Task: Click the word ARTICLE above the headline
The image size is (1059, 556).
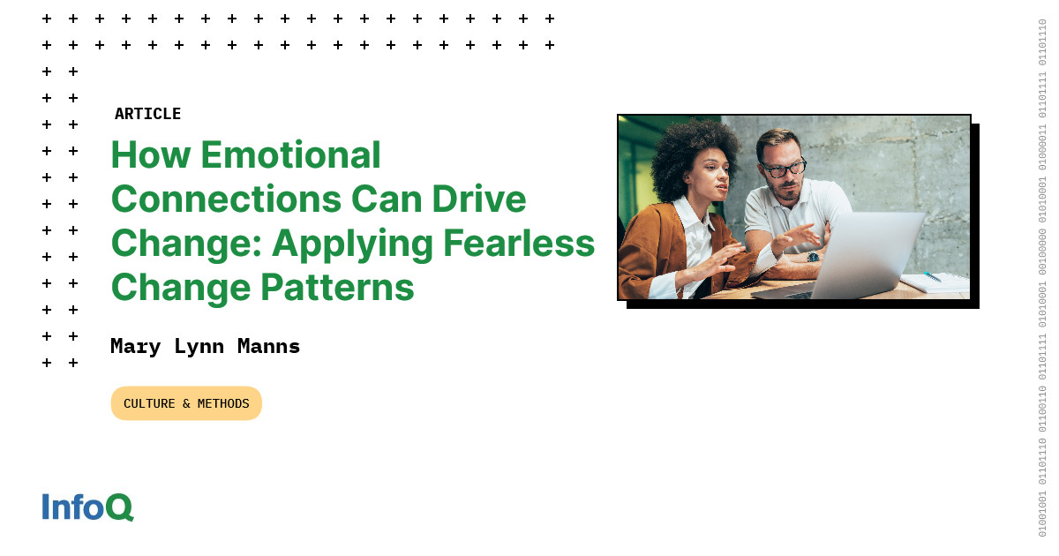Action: click(147, 114)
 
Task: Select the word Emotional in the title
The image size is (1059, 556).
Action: click(290, 155)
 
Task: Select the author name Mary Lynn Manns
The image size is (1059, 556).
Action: click(205, 346)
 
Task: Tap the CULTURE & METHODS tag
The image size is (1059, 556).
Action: click(186, 403)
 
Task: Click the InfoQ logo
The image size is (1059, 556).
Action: click(87, 507)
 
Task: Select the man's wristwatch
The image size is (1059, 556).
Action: click(813, 257)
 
